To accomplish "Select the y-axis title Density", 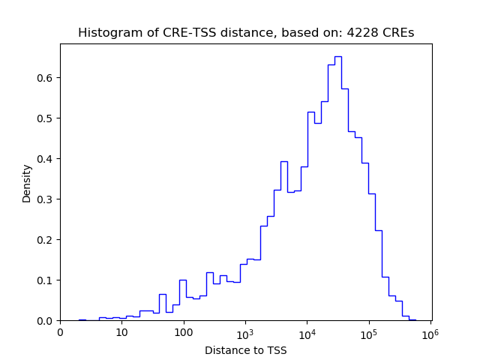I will tap(27, 183).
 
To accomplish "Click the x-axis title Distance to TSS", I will tap(245, 350).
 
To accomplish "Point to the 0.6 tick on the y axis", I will tap(46, 78).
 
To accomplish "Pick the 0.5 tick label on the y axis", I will tap(46, 118).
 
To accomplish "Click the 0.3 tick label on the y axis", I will tap(46, 199).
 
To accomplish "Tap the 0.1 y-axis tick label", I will tap(46, 280).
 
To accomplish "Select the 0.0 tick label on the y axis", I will tap(46, 321).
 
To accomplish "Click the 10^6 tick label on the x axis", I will tap(430, 333).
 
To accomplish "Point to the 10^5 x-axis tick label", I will tap(368, 333).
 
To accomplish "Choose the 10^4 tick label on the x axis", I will tap(307, 333).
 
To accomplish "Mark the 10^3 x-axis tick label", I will tap(245, 333).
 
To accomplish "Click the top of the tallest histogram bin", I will tap(338, 56).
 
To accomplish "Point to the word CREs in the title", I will tap(398, 33).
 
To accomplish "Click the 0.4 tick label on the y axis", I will tap(46, 159).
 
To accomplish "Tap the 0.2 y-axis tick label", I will tap(46, 240).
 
